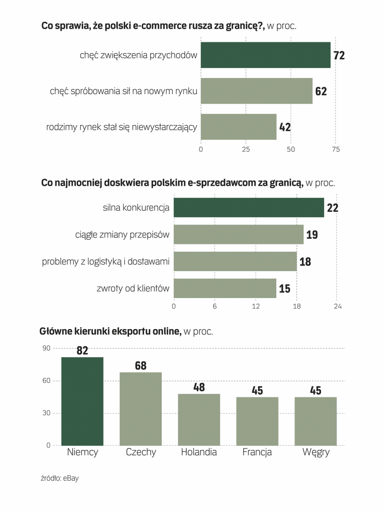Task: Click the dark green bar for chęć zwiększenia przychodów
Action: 265,55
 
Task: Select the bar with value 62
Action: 256,91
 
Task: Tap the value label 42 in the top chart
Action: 285,127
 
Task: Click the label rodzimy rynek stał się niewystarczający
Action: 121,127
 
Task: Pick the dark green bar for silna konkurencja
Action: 248,208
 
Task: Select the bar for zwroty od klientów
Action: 225,288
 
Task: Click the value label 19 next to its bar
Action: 312,234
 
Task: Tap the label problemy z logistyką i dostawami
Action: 106,261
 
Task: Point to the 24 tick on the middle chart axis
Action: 338,307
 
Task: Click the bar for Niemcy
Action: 82,401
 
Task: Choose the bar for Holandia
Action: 199,420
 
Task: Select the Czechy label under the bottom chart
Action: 141,452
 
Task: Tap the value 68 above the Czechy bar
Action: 141,366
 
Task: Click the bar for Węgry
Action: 316,421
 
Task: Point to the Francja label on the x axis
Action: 257,452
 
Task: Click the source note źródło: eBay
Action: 60,478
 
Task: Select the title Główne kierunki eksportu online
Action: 111,331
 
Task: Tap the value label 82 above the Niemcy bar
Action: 82,350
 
